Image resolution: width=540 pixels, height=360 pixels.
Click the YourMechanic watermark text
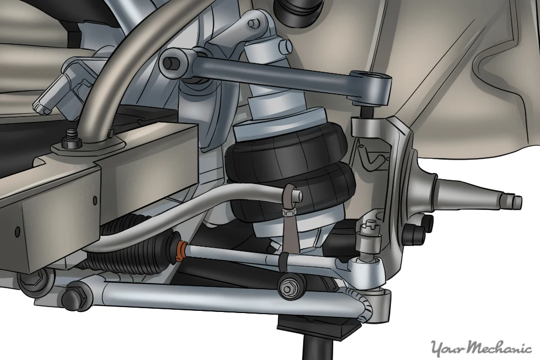(482, 346)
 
